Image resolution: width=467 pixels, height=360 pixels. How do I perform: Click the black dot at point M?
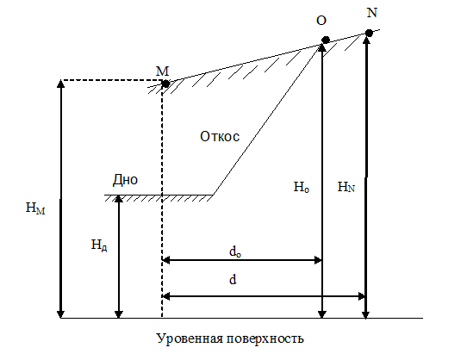pos(165,84)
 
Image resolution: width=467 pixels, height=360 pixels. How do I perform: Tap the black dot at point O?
pos(326,40)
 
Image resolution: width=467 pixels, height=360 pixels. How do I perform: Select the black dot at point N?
pos(369,33)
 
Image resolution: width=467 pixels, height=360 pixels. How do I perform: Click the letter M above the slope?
pos(162,71)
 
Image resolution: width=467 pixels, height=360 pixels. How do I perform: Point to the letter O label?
pos(321,21)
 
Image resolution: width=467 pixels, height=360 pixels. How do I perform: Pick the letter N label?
pos(372,13)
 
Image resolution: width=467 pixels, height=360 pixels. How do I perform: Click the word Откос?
pos(220,136)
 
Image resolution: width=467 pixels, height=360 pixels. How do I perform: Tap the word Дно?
pos(126,179)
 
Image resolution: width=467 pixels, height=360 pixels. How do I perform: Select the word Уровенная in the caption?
pos(190,338)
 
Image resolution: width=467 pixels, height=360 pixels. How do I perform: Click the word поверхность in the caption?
pos(265,338)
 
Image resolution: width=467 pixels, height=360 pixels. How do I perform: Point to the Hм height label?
pos(35,208)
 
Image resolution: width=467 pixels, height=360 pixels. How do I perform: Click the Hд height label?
pos(99,245)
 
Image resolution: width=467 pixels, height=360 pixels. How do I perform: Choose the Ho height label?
pos(301,187)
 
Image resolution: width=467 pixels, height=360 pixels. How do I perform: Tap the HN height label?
pos(346,187)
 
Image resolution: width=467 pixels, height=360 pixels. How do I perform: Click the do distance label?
pos(235,251)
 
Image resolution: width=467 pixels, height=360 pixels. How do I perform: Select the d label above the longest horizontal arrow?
pos(233,280)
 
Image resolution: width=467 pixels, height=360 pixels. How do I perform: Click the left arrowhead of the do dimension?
pos(165,260)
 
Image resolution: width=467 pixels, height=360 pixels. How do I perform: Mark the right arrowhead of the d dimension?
pos(362,296)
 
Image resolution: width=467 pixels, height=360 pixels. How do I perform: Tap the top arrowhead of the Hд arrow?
pos(119,199)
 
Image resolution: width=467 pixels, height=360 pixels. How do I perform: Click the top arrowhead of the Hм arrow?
pos(61,84)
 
